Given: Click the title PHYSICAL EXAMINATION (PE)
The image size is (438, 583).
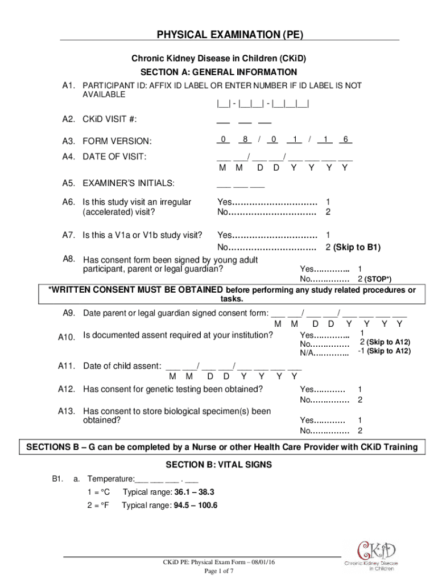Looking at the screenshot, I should coord(230,35).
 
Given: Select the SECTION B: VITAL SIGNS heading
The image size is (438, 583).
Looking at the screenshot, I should coord(218,465).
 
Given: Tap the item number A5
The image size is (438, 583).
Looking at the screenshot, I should coord(68,183).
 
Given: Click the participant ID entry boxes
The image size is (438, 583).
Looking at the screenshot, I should coord(262,105).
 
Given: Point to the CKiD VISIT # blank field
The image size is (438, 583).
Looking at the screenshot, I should coord(243,120).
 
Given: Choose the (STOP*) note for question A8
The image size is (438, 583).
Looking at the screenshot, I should coord(378,280).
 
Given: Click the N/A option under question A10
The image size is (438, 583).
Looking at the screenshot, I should coord(324,355).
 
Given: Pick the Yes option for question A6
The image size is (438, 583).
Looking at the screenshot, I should coord(266,202).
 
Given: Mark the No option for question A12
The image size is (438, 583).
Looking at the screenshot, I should coord(324,400).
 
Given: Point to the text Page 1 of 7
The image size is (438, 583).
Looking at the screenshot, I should coord(218,571).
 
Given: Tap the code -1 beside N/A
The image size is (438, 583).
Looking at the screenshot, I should coord(361,351).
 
